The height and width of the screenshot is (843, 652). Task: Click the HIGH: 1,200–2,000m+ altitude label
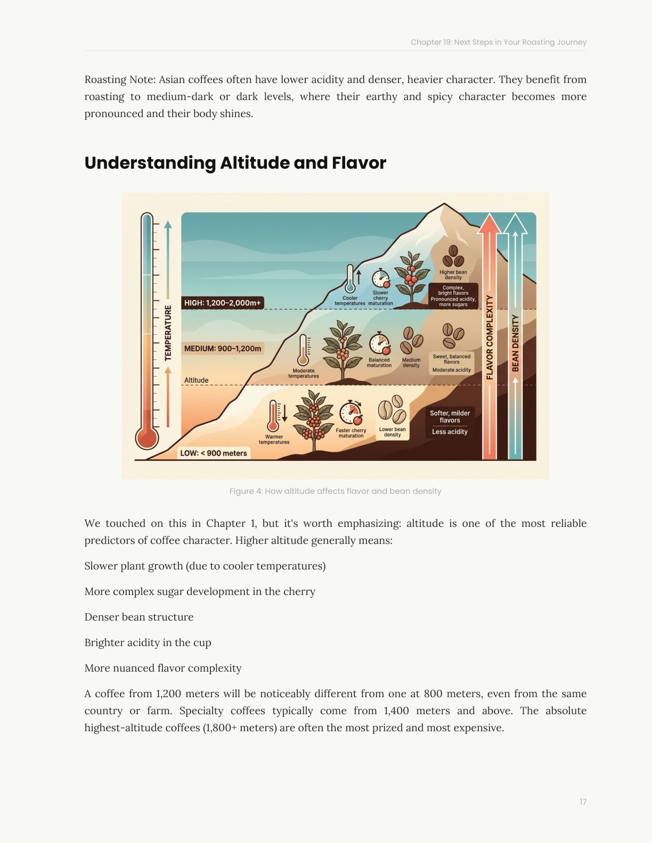click(222, 303)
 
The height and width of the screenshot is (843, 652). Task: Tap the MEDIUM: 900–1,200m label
click(223, 349)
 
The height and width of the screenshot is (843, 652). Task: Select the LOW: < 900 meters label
click(214, 453)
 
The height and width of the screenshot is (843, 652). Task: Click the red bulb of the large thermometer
click(147, 439)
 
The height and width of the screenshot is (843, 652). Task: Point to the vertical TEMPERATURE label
click(168, 333)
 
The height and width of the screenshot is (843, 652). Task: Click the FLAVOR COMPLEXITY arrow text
click(490, 337)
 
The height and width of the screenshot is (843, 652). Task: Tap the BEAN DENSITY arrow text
click(515, 343)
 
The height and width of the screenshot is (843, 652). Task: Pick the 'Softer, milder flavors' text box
click(450, 417)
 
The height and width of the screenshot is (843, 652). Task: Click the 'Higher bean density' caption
click(453, 275)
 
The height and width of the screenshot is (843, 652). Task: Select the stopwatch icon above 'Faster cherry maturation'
click(351, 413)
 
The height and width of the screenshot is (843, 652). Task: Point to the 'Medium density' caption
click(411, 362)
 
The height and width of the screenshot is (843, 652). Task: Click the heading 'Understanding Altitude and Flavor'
click(235, 163)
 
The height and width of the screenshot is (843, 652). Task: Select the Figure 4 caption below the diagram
click(335, 491)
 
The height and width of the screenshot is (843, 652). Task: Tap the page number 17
click(583, 802)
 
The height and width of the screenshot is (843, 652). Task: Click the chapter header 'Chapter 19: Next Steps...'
click(498, 42)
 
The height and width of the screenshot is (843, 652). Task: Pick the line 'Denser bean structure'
click(139, 617)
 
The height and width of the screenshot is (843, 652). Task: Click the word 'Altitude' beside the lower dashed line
click(196, 380)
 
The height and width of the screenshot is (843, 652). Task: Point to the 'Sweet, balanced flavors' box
click(451, 359)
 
